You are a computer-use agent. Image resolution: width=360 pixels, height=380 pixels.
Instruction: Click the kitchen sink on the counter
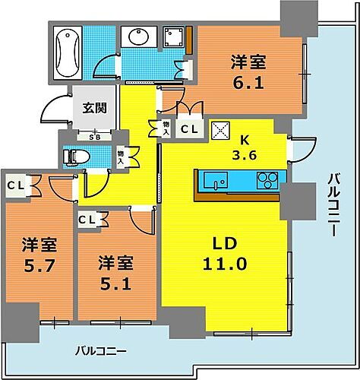pos(215,181)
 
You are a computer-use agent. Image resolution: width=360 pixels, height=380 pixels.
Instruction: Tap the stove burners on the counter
pos(268,180)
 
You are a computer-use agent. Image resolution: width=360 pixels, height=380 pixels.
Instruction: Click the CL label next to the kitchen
pos(189,130)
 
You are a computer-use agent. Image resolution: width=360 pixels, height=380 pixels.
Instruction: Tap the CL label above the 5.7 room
pos(14,184)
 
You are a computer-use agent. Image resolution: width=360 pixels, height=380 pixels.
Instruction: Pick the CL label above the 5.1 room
pos(87,220)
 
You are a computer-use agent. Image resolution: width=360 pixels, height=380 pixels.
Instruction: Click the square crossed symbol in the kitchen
pos(220,130)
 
